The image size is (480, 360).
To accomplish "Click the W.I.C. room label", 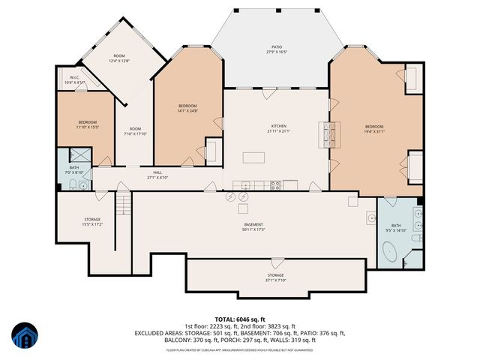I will point(75,79).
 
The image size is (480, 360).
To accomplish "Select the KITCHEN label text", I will point(278,128).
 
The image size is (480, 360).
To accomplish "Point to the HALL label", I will point(157,175).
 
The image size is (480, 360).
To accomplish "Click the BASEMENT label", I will point(253,227).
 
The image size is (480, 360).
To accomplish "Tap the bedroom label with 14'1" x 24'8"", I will point(187,108).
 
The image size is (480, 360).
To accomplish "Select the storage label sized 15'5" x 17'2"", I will point(92,221).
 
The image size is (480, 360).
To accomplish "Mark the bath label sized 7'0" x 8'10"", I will point(74,169).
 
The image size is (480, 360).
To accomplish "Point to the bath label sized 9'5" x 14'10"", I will point(395,228).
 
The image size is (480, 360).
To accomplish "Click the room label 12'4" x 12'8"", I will point(119,58).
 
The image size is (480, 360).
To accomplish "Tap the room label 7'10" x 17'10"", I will point(134,130).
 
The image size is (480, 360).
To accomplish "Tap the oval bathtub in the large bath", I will point(388,255).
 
